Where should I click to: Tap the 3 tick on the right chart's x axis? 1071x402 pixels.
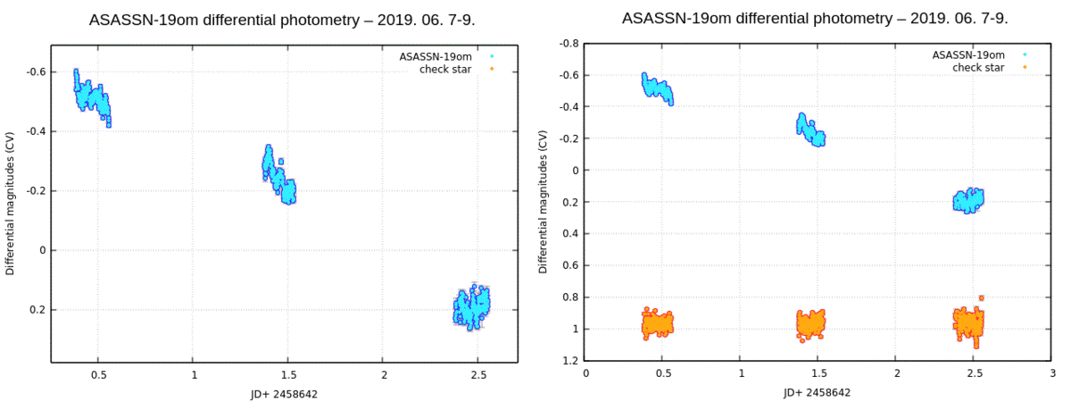tap(1051, 374)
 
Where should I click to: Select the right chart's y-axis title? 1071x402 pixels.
tap(544, 202)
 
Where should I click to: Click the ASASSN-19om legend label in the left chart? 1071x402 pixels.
tap(435, 56)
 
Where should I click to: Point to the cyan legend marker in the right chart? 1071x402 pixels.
tap(1025, 54)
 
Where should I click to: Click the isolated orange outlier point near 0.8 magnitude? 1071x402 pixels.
tap(981, 297)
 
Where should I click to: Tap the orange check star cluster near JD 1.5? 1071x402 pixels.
tap(811, 323)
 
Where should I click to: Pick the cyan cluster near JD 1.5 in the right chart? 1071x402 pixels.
tap(810, 130)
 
